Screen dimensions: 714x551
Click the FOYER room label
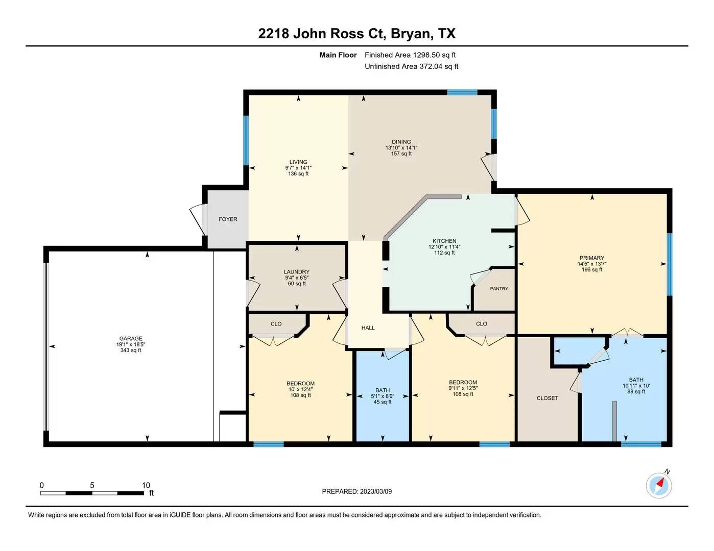[x=228, y=219]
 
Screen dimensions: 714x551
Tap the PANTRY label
[x=499, y=289]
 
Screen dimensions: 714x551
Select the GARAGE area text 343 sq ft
[x=131, y=350]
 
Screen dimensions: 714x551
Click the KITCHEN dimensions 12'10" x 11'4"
[x=444, y=247]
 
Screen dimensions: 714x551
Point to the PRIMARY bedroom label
[x=592, y=258]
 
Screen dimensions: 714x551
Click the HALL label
[x=368, y=328]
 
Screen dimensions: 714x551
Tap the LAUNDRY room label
[x=297, y=272]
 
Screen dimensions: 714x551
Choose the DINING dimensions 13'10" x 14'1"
[x=401, y=147]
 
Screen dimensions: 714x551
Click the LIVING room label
[x=298, y=162]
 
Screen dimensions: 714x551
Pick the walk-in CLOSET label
[x=547, y=398]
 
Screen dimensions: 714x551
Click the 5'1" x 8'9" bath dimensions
[x=383, y=396]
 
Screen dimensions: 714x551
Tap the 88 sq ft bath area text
[x=636, y=391]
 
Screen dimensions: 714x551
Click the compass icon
[x=659, y=485]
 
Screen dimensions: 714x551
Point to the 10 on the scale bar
[x=146, y=485]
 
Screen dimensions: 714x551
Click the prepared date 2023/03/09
[x=376, y=492]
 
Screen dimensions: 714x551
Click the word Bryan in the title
[x=411, y=34]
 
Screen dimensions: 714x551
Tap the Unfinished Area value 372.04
[x=431, y=67]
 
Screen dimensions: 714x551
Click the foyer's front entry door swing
[x=198, y=219]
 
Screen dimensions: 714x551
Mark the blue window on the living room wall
[x=246, y=140]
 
